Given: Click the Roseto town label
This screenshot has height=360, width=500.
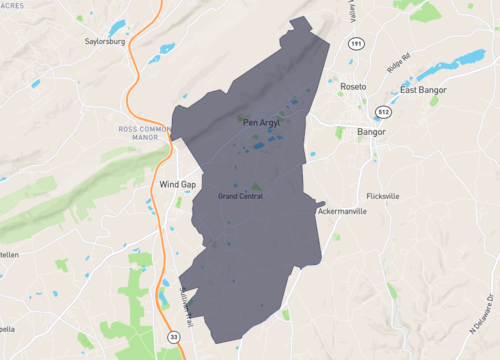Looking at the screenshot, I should [353, 87].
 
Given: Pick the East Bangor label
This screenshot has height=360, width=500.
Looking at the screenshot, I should [423, 90].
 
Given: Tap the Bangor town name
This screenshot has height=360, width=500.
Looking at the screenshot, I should [371, 131].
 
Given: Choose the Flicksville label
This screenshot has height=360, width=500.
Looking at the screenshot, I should [383, 196].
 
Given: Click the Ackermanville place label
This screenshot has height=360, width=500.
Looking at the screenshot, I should [342, 212].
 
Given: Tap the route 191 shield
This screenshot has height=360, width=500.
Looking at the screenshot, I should [357, 45].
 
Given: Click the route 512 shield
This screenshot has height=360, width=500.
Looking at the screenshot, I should [384, 111].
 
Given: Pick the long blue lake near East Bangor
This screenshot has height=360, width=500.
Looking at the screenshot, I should [437, 69].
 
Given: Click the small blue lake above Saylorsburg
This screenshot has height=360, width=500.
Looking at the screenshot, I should [117, 25].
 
